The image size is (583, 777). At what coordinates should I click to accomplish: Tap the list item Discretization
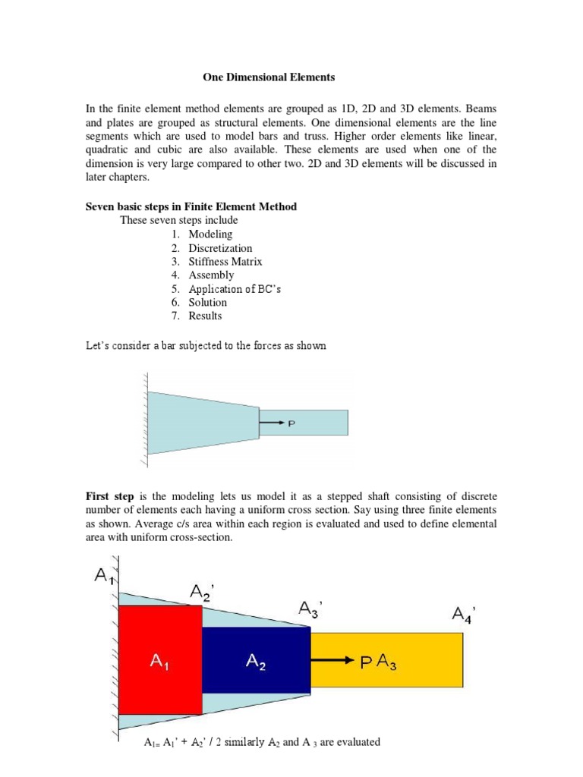point(220,248)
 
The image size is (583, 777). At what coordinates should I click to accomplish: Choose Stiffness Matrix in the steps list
point(225,262)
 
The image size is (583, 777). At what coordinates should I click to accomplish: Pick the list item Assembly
point(211,275)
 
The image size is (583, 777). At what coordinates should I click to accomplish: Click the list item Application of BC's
point(235,288)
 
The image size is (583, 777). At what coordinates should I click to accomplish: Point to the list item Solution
point(207,302)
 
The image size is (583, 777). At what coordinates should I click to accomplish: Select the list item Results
point(205,316)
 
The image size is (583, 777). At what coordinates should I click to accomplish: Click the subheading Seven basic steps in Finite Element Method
point(191,207)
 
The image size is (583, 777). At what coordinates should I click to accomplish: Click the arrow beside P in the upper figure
point(272,423)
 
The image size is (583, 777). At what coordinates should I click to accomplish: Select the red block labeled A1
point(161,659)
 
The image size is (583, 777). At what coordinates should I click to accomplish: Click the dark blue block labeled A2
point(256,659)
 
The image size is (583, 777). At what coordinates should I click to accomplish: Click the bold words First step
point(110,496)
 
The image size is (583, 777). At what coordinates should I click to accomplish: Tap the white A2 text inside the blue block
point(256,662)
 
